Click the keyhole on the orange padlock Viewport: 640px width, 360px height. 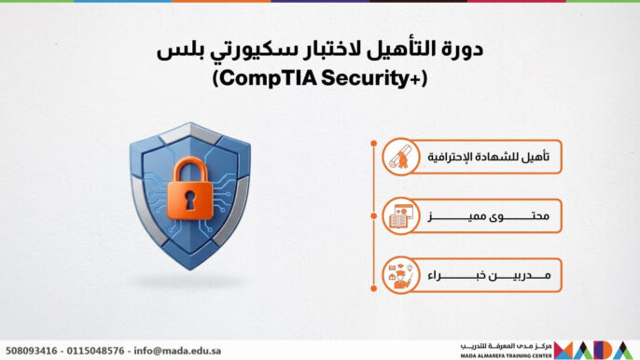pos(193,200)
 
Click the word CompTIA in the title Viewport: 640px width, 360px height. pos(266,80)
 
